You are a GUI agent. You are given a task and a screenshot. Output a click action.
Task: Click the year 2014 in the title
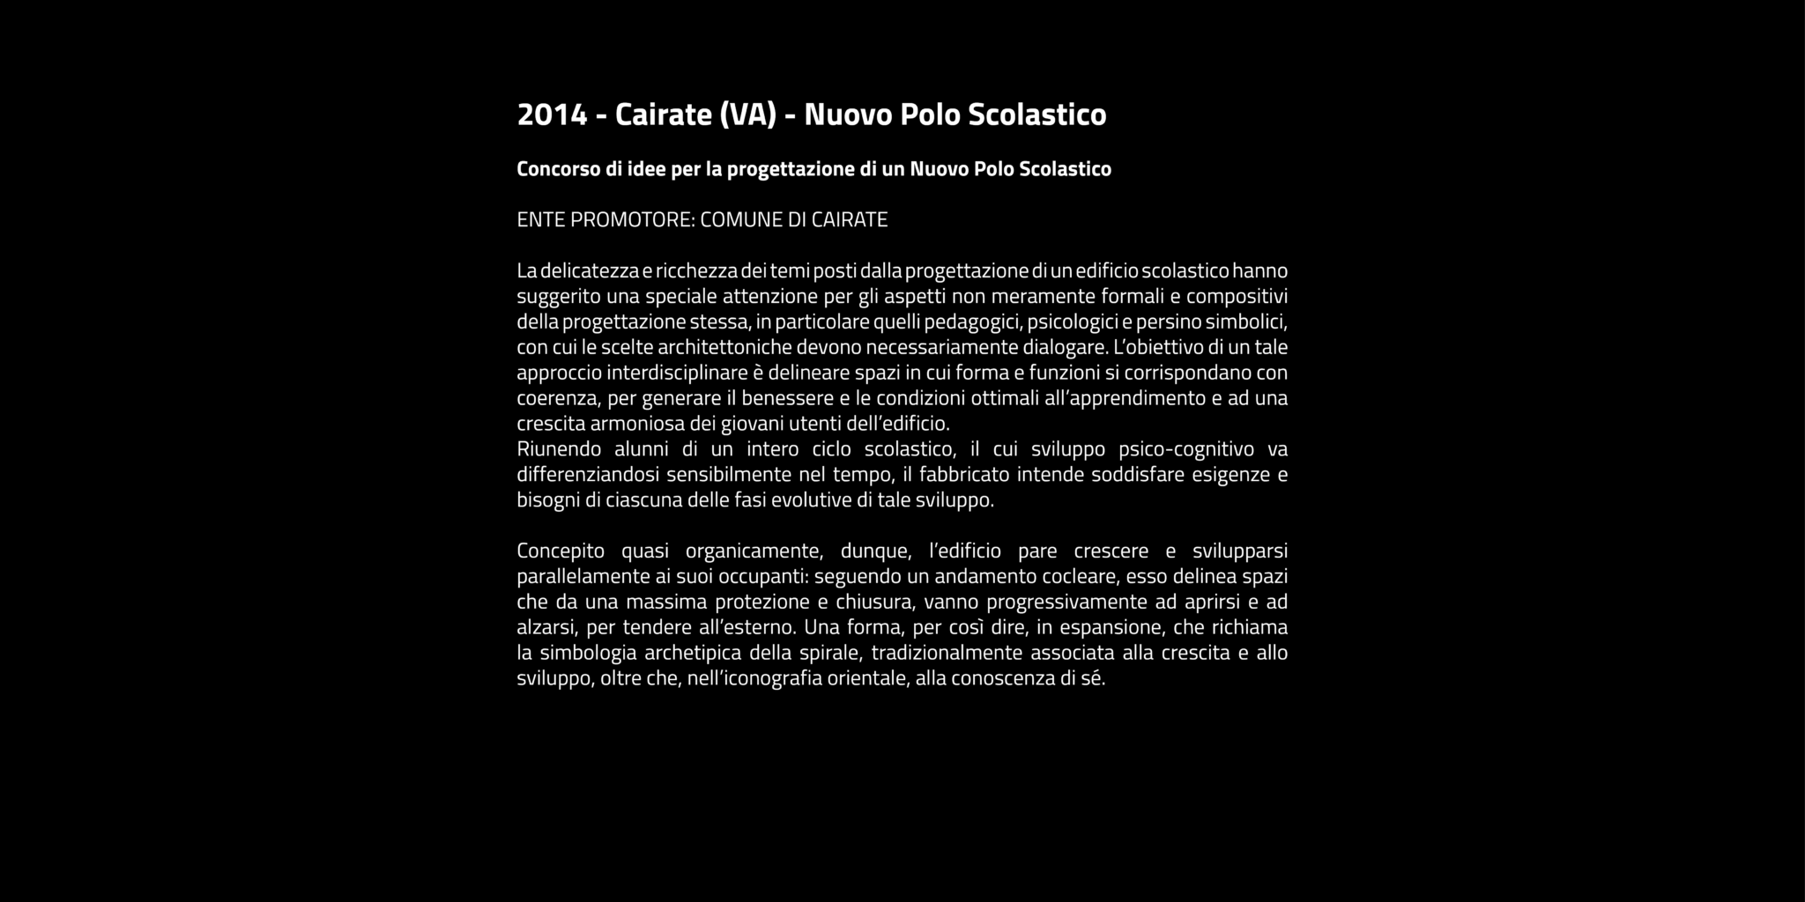tap(552, 115)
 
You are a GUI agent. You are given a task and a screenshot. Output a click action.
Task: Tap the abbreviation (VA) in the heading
tap(747, 115)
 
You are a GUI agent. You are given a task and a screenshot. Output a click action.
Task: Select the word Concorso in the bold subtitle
tap(558, 168)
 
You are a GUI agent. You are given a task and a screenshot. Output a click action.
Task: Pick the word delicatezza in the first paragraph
tap(590, 270)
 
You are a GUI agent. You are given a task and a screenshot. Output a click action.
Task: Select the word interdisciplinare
tap(677, 373)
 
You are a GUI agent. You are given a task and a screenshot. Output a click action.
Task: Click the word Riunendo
tap(559, 449)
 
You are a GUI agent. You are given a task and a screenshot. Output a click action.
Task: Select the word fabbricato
tap(964, 475)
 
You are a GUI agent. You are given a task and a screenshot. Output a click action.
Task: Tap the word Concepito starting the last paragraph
tap(561, 551)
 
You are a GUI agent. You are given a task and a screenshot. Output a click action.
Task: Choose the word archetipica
tap(692, 654)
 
